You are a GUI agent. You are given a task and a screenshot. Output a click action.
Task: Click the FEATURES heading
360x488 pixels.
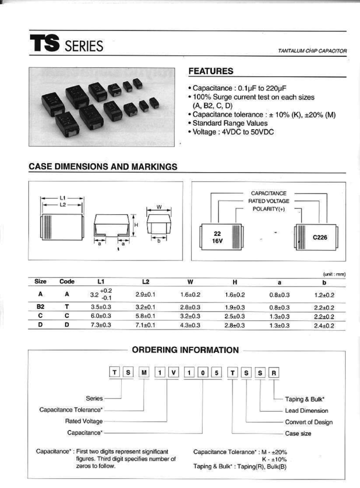[211, 71]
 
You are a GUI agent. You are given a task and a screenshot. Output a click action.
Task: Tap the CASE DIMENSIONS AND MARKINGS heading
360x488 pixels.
[103, 166]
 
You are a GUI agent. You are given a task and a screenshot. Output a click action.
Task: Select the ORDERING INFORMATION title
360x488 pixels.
[185, 350]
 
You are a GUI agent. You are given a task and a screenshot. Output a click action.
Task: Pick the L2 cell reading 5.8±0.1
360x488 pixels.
[145, 315]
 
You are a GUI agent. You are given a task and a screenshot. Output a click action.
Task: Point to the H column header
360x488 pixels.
[235, 281]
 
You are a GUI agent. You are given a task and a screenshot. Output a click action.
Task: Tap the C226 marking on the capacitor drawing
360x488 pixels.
[320, 237]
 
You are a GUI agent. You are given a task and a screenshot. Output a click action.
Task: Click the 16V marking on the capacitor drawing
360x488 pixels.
[218, 242]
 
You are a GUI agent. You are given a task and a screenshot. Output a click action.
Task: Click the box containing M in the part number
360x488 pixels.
[145, 372]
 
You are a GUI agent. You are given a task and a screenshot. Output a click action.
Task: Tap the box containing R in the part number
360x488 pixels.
[274, 372]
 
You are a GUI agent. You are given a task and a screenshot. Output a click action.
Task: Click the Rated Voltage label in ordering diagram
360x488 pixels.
[88, 421]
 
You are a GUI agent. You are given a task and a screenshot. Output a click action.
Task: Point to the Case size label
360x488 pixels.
[298, 433]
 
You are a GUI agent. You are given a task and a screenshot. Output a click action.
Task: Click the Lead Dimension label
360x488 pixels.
[307, 410]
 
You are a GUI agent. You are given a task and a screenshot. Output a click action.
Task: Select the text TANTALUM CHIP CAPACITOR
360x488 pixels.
[312, 51]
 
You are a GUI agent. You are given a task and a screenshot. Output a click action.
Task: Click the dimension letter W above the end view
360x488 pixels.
[160, 207]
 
